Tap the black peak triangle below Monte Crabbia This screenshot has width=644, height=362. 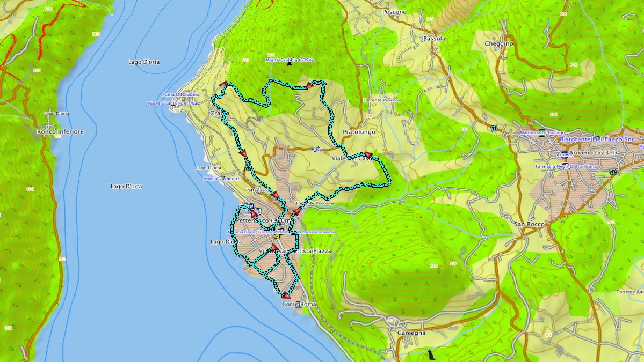pos(290,64)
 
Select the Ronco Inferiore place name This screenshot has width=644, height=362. pos(60,131)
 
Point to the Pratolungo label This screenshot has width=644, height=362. pos(359,131)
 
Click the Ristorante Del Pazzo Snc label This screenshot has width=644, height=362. pos(597,139)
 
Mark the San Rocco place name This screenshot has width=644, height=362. pos(529,224)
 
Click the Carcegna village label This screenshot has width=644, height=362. pos(411,333)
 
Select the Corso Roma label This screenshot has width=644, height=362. pos(299,304)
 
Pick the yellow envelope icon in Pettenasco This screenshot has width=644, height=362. pos(277,235)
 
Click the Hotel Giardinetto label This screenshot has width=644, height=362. pos(222,179)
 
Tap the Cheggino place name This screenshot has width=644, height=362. pos(499,43)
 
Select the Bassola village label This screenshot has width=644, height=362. pos(434,39)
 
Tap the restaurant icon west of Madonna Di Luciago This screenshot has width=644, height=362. pos(493,128)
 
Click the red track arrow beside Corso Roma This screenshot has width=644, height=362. pos(286,295)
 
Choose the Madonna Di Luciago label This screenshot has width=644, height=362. pos(541,132)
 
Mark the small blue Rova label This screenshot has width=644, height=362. pos(316,150)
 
